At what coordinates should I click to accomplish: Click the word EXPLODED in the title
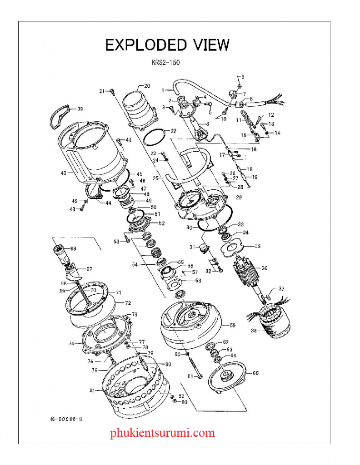click(x=145, y=45)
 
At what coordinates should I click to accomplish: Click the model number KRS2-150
click(x=165, y=63)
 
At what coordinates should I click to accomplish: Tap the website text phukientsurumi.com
click(x=162, y=433)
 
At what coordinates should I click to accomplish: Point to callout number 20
click(x=146, y=85)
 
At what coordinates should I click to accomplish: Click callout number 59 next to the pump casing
click(x=232, y=325)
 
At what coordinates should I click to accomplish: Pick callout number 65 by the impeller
click(x=255, y=373)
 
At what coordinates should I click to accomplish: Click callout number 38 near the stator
click(x=254, y=331)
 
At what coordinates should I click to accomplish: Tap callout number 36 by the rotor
click(x=264, y=268)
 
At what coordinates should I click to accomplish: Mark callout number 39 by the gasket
click(x=80, y=109)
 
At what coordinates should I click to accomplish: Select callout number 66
click(x=73, y=248)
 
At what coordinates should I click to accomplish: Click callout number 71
click(x=118, y=292)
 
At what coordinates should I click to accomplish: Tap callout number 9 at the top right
click(x=242, y=76)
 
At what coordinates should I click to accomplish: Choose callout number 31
click(x=192, y=247)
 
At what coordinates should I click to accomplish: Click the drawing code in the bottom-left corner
click(x=63, y=419)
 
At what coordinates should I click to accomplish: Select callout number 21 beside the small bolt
click(x=102, y=91)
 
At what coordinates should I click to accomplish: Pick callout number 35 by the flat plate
click(x=257, y=246)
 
